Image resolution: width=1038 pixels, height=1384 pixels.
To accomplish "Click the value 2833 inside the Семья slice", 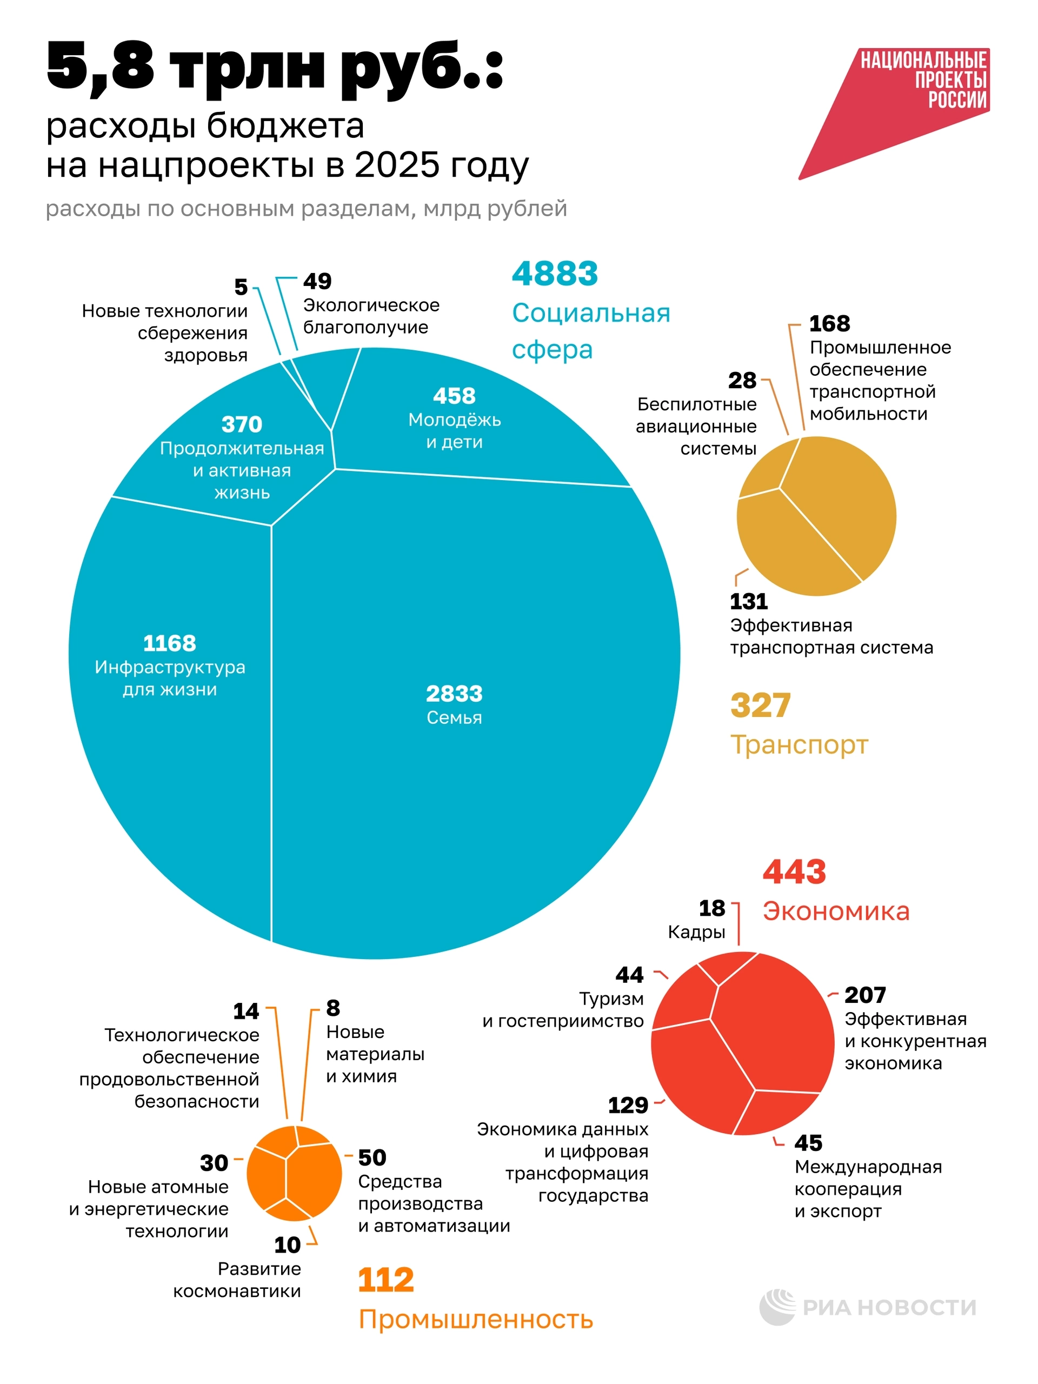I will [x=454, y=693].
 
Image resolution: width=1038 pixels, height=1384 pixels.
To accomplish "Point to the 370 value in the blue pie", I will [x=242, y=424].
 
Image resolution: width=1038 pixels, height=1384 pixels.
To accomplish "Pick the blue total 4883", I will [x=554, y=274].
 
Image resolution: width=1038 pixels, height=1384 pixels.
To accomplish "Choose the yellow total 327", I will [x=760, y=706].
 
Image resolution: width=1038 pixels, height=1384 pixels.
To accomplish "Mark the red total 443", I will [x=794, y=871].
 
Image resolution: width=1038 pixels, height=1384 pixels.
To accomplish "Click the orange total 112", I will [x=385, y=1280].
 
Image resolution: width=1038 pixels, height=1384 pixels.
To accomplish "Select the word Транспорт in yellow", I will [x=799, y=744].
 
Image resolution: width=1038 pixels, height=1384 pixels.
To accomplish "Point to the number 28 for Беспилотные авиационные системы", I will [x=742, y=381].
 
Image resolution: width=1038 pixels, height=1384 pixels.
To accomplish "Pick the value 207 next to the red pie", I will [x=864, y=995].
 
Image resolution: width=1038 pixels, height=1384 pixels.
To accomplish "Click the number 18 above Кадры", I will [x=711, y=908].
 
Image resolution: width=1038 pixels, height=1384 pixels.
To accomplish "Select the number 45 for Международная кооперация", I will [x=808, y=1143].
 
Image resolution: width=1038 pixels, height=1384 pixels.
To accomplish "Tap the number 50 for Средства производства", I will [x=371, y=1157].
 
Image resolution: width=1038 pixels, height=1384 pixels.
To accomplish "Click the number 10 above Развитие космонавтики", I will [x=287, y=1245].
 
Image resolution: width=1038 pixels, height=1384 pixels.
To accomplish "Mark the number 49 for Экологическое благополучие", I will [x=317, y=282].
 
